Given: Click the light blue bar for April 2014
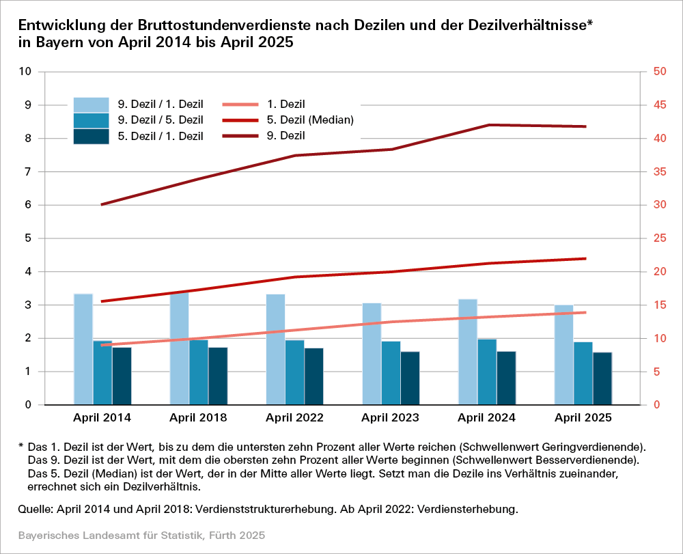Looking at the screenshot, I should pos(83,349).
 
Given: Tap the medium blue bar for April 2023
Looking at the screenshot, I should pos(391,373).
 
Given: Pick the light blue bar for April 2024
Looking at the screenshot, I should pos(468,352).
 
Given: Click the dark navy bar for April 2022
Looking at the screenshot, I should pos(314,376).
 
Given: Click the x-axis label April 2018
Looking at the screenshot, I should pos(198,417).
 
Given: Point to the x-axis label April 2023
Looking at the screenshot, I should pos(391,417).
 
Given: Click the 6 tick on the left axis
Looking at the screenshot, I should pos(29,205).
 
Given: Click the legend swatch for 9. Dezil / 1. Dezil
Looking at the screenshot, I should pos(92,105).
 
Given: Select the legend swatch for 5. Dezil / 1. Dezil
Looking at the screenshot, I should pos(92,136).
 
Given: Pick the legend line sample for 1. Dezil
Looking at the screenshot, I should pos(241,105).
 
